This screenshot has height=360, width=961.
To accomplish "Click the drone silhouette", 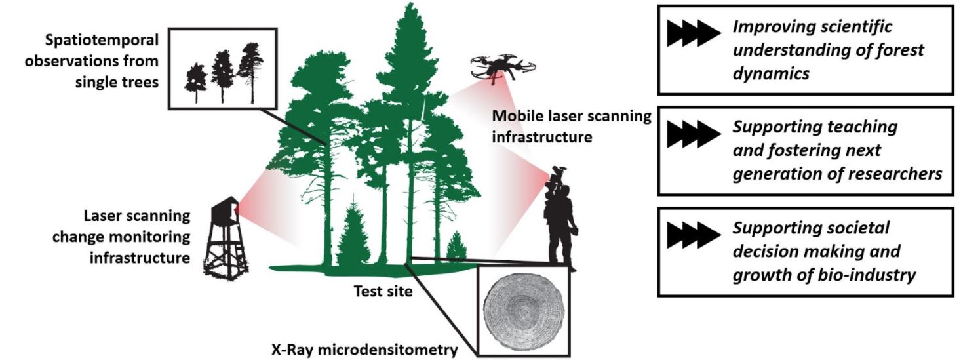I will coord(501,66).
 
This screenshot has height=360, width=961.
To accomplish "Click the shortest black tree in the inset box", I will coord(195,82).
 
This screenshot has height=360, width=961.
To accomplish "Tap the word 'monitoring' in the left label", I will coord(149,236).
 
